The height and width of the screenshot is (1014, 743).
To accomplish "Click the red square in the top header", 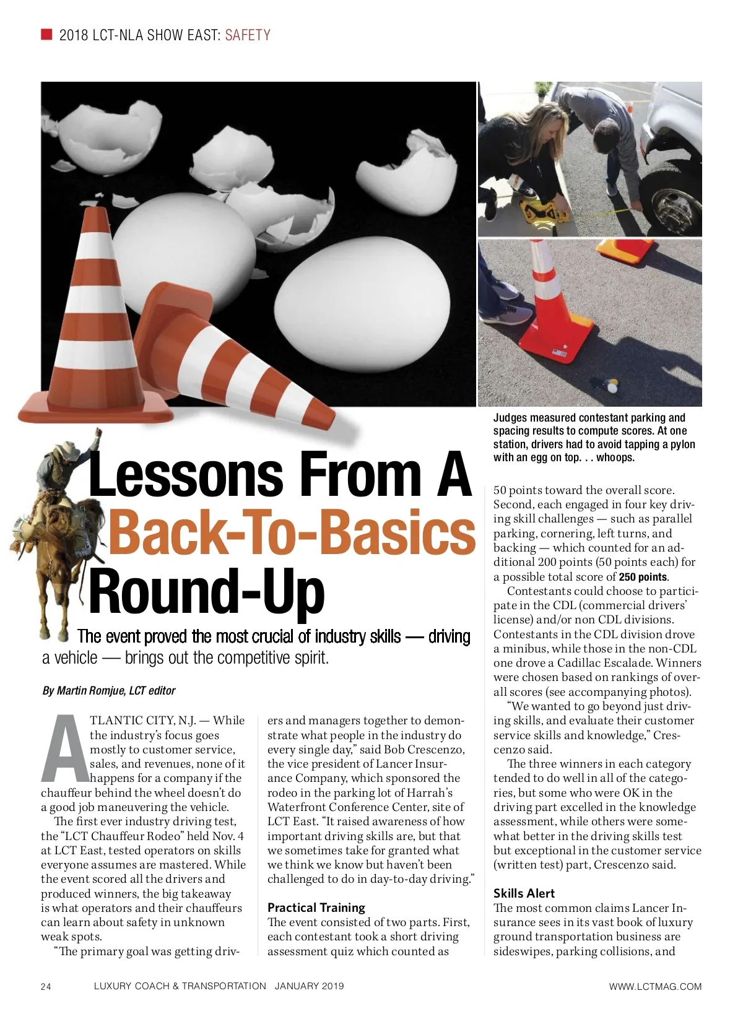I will click(x=46, y=34).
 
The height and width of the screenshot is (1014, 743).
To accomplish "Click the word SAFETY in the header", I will click(x=248, y=35).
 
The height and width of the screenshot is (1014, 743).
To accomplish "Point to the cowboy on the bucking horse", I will click(x=56, y=526).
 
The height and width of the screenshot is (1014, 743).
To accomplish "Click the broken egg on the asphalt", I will click(x=612, y=385).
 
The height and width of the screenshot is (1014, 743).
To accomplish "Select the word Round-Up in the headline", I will click(x=207, y=592).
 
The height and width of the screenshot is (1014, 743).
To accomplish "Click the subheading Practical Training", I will click(x=316, y=908).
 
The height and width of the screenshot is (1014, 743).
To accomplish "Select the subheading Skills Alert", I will click(x=524, y=893).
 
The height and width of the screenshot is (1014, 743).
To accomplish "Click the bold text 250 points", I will click(x=643, y=577).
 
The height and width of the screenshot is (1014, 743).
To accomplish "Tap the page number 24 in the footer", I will click(x=46, y=987).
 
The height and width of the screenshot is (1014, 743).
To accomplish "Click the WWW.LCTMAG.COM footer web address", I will click(x=655, y=987).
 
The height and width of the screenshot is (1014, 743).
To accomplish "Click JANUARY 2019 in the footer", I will click(x=309, y=986).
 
